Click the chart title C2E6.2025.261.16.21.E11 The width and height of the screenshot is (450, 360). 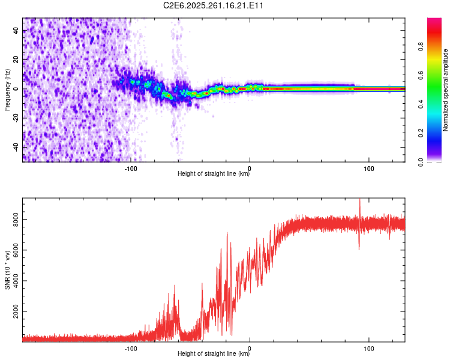pos(214,5)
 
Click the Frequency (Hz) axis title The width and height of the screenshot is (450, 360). pos(7,90)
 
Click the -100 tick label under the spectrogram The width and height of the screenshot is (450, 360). pos(131,167)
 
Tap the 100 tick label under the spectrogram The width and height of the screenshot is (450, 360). pos(369,167)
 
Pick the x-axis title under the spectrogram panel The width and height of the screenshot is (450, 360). pos(214,174)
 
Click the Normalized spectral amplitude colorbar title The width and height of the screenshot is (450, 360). pos(446,90)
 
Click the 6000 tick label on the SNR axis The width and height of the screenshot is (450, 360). pos(13,251)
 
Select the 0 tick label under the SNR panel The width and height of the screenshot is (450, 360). pos(250,347)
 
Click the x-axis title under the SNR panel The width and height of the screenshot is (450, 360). pos(214,354)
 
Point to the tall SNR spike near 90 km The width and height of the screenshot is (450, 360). pos(359,204)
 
